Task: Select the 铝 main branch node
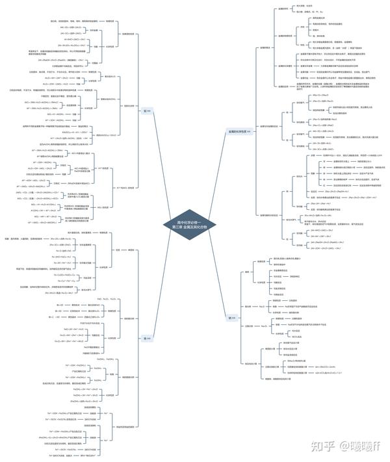click(148, 111)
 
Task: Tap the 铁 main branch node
click(148, 337)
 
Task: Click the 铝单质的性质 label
click(129, 33)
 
